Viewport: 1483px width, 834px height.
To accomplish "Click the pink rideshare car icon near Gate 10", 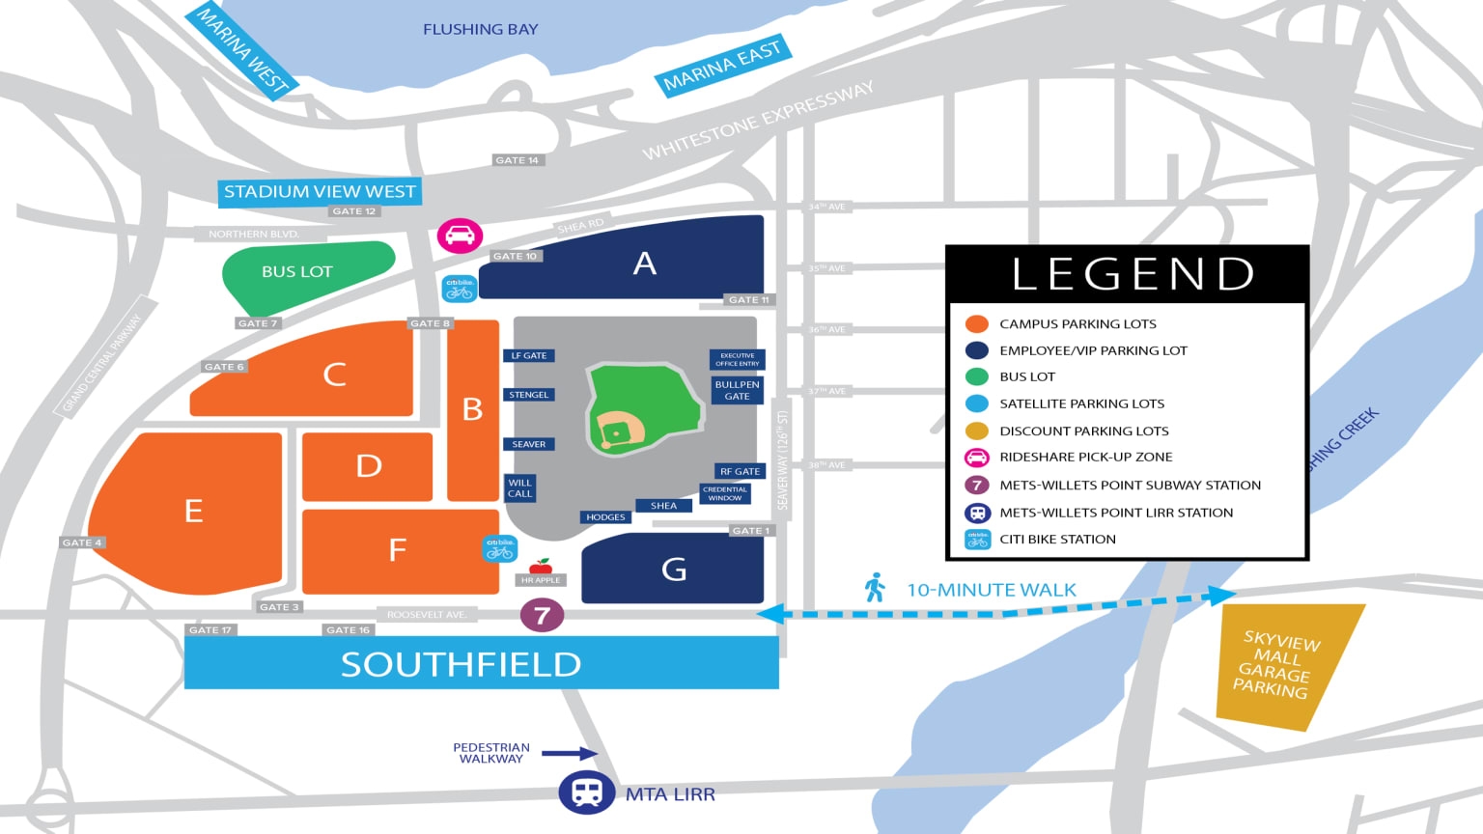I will coord(460,236).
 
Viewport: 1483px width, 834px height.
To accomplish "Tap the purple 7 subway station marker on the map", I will coord(542,615).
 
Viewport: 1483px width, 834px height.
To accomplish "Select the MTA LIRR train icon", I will coord(586,793).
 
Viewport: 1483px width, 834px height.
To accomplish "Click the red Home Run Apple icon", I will coord(541,566).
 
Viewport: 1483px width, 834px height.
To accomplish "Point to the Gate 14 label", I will coord(517,160).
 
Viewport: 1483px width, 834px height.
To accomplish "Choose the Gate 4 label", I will coord(82,542).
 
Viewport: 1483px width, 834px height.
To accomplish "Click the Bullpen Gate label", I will coord(737,390).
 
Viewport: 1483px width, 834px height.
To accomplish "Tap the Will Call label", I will coord(519,487).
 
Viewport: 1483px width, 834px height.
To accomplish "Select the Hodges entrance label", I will coord(605,517).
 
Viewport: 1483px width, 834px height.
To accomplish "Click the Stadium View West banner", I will coord(320,192).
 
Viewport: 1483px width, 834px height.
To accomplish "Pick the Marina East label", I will coord(722,66).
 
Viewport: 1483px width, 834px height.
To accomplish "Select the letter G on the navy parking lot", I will coord(674,570).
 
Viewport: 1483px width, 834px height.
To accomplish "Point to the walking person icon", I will coord(875,588).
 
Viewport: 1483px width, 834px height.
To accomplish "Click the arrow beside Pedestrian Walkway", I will coord(569,753).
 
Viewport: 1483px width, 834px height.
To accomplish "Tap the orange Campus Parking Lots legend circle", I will coord(977,323).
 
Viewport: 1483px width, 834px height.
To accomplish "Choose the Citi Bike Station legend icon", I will coord(977,540).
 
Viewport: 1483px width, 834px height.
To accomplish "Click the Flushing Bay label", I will coord(480,30).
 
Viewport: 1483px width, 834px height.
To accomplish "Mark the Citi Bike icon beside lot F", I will coord(499,548).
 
